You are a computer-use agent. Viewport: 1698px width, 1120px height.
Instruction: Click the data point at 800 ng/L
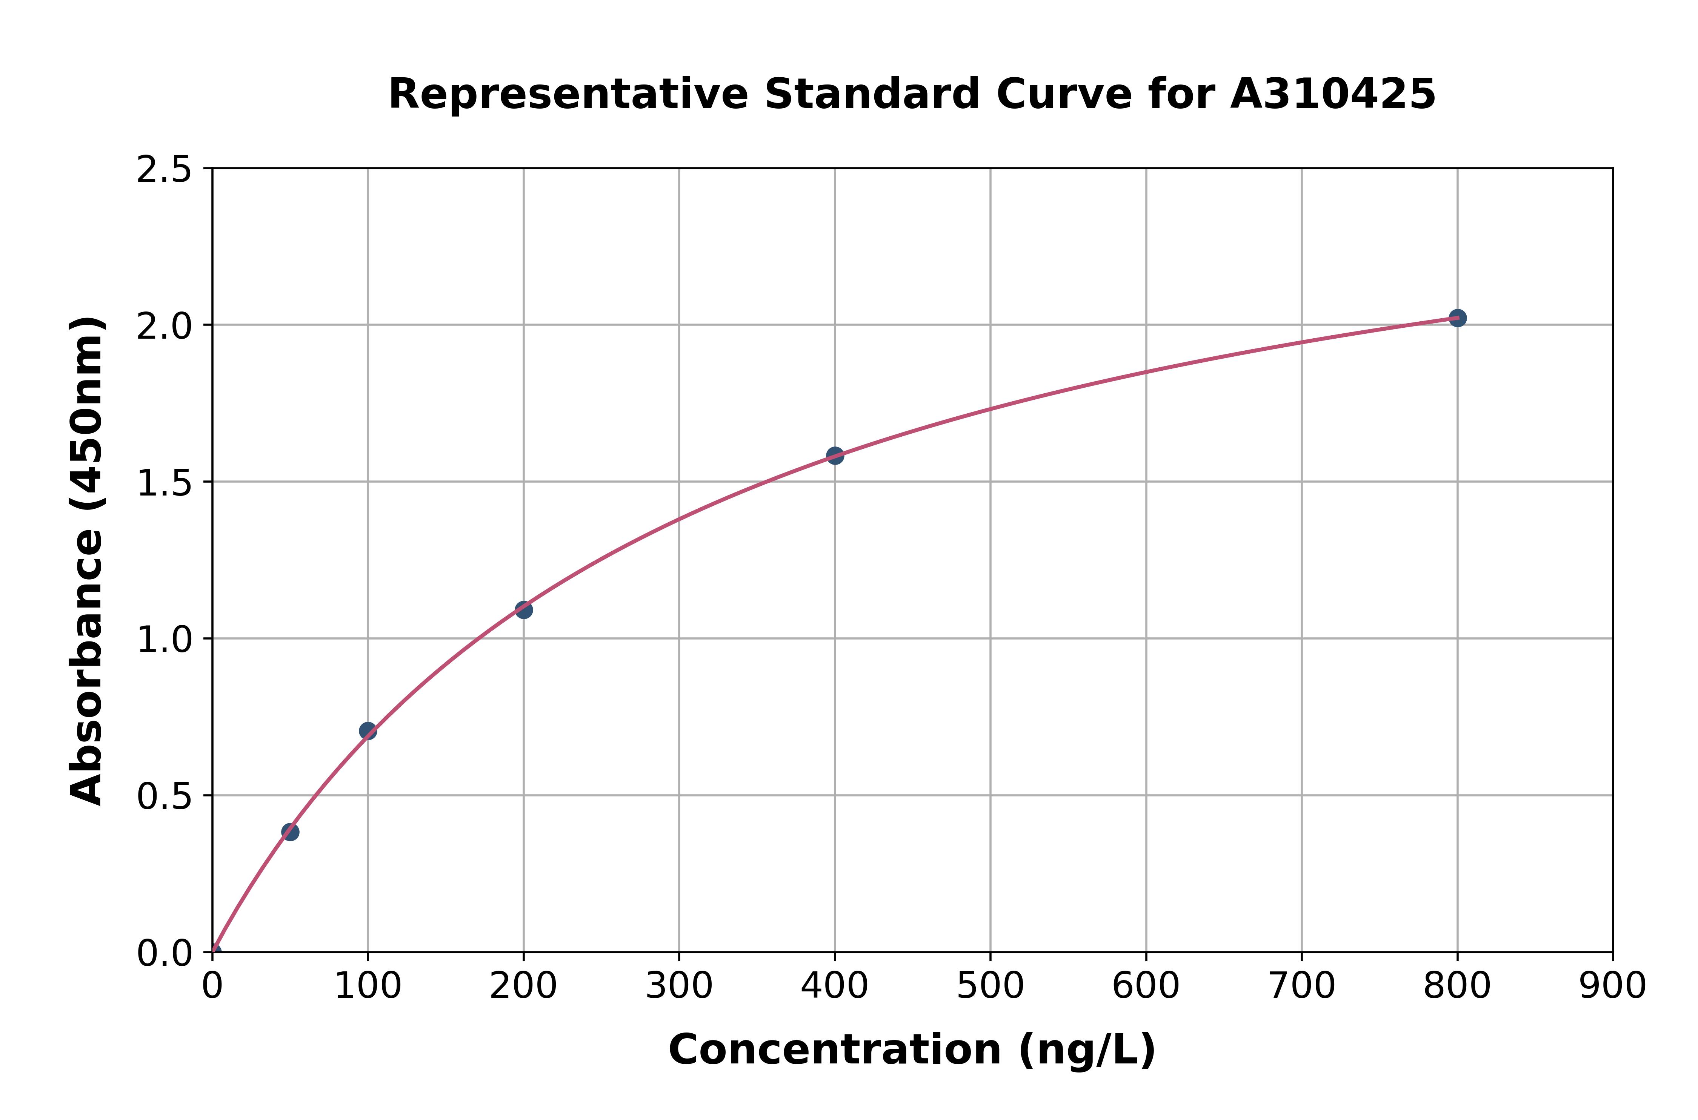click(x=1457, y=318)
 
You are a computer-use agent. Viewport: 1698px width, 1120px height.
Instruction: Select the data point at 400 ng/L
click(x=835, y=455)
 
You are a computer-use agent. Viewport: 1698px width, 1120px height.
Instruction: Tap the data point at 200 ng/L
click(x=523, y=609)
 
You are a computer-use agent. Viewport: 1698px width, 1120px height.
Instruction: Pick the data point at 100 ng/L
click(x=367, y=731)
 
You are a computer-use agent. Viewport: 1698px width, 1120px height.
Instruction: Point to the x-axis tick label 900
click(x=1612, y=987)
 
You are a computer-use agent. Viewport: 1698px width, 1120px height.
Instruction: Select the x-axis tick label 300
click(x=679, y=987)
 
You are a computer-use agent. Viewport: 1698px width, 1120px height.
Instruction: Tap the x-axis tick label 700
click(x=1301, y=987)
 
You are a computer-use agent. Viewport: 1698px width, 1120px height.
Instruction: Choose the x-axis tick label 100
click(x=367, y=987)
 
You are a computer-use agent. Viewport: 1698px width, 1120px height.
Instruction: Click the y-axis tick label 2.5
click(x=165, y=170)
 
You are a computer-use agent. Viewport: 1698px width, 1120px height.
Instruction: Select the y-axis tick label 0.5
click(x=165, y=796)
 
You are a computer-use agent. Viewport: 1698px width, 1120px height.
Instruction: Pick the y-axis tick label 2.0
click(x=165, y=327)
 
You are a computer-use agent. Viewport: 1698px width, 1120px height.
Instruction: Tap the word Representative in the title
click(x=568, y=94)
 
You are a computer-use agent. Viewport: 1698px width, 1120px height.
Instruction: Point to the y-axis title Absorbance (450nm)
click(x=87, y=561)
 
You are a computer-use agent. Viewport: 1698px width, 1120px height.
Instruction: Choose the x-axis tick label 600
click(x=1146, y=987)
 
